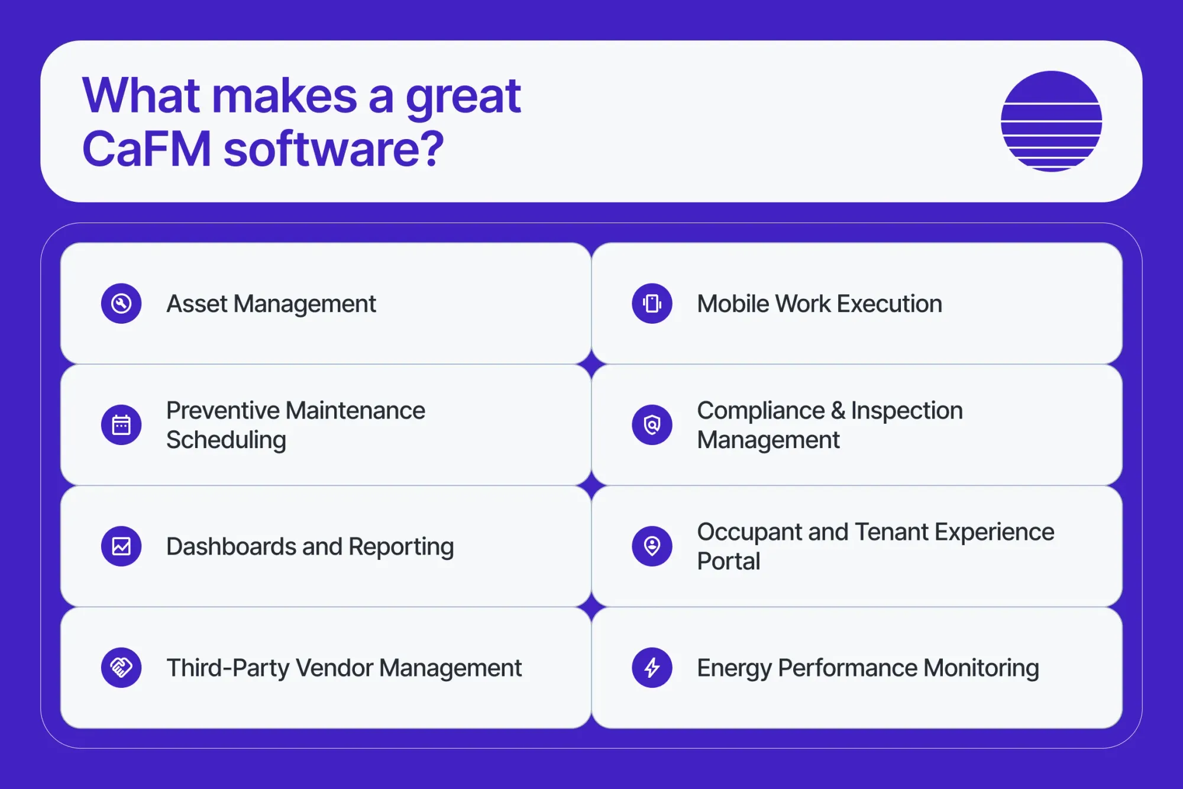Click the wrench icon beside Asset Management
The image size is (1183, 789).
[x=121, y=304]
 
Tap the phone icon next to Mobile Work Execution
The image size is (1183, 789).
[x=652, y=304]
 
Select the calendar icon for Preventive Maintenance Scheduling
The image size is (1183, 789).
[x=121, y=425]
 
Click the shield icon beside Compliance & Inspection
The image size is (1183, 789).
[x=652, y=425]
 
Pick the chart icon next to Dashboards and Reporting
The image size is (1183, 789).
[x=121, y=546]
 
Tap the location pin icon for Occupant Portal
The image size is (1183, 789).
[x=652, y=546]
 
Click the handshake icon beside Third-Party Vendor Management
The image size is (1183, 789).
[x=121, y=668]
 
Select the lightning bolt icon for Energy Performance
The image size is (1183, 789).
[x=652, y=668]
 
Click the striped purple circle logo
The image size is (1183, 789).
[x=1051, y=121]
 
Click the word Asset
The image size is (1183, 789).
[x=197, y=304]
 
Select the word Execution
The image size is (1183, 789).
[x=889, y=304]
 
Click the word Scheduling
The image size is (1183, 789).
[x=226, y=440]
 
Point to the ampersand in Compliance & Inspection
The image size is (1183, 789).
[x=838, y=411]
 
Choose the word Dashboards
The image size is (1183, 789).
[x=231, y=547]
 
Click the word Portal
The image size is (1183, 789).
[x=728, y=561]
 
